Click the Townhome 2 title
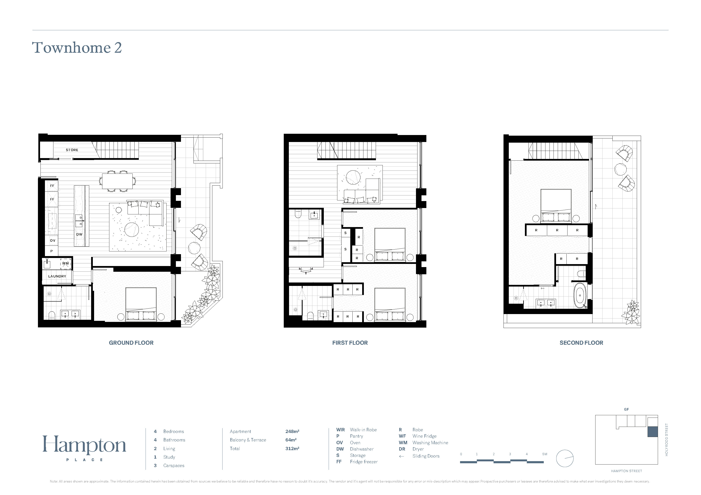77,48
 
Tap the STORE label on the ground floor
72,150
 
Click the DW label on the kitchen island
79,234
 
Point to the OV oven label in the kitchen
53,241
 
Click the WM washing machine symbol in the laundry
65,263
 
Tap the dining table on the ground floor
117,181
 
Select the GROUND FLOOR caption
131,343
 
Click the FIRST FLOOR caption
350,343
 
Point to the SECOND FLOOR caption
581,343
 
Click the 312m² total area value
292,448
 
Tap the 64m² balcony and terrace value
291,440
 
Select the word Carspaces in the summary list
174,465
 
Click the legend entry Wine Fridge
424,436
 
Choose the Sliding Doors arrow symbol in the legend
402,456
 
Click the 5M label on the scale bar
545,454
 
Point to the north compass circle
565,458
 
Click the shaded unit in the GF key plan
653,432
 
